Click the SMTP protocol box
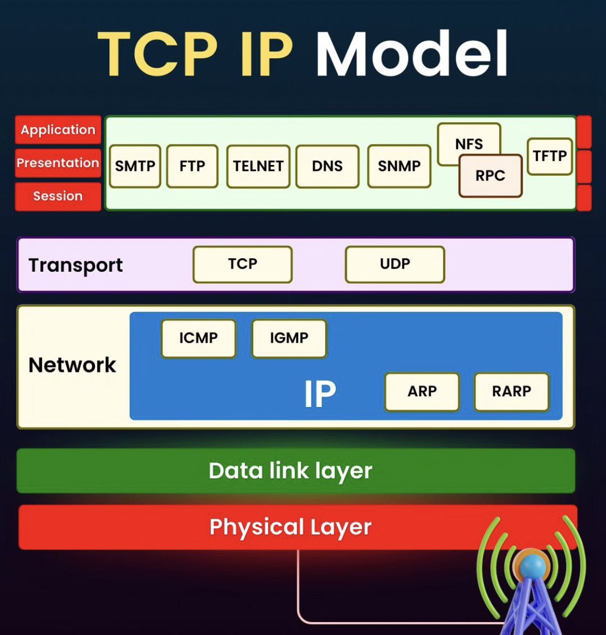pyautogui.click(x=135, y=166)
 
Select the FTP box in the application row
pyautogui.click(x=192, y=166)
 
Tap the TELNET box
pyautogui.click(x=258, y=167)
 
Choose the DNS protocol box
pyautogui.click(x=327, y=167)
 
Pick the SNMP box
pyautogui.click(x=399, y=166)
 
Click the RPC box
pyautogui.click(x=491, y=176)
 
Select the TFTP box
pyautogui.click(x=550, y=156)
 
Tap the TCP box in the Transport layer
pyautogui.click(x=243, y=264)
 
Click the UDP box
pyautogui.click(x=395, y=264)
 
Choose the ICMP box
pyautogui.click(x=198, y=338)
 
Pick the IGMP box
pyautogui.click(x=289, y=338)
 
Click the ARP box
pyautogui.click(x=422, y=391)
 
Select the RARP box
pyautogui.click(x=512, y=391)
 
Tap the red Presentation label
pyautogui.click(x=58, y=163)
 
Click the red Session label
pyautogui.click(x=58, y=196)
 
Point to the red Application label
pyautogui.click(x=58, y=129)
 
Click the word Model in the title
pyautogui.click(x=412, y=53)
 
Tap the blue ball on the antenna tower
pyautogui.click(x=533, y=566)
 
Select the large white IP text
pyautogui.click(x=320, y=393)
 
